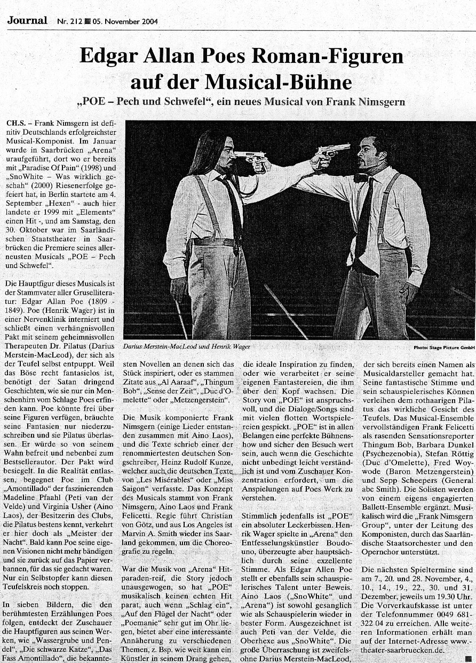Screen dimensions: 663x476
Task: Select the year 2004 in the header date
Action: tap(147, 22)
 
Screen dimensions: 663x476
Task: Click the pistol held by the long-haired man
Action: tap(250, 157)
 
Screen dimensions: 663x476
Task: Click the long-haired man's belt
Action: tap(213, 242)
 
